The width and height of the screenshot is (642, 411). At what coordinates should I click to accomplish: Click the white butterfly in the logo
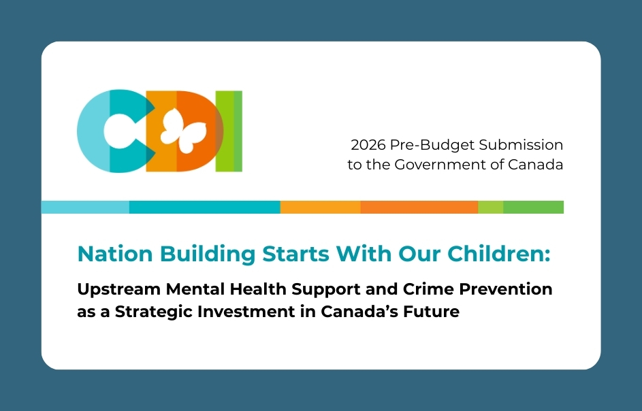coord(183,131)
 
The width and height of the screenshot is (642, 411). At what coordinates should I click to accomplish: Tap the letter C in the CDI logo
coord(91,131)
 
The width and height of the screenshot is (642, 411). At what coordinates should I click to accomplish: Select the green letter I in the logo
coord(229,131)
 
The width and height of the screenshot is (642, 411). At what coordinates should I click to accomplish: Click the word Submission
coord(521,144)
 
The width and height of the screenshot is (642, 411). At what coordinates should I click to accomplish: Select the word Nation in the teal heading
coord(115,254)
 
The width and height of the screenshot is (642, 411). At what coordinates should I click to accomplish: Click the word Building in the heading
coord(208,254)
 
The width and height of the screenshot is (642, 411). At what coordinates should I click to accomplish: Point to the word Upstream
coord(118,290)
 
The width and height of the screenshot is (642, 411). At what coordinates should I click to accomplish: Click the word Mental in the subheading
coord(195,289)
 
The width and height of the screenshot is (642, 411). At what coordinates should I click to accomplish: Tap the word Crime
coord(428,289)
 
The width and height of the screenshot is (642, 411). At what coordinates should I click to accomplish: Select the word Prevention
coord(506,289)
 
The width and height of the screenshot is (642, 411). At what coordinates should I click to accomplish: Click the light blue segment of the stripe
coord(85,207)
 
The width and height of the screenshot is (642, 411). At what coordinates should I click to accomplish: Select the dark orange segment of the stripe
coord(419,207)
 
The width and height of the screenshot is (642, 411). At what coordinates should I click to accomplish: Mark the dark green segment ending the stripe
coord(534,207)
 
